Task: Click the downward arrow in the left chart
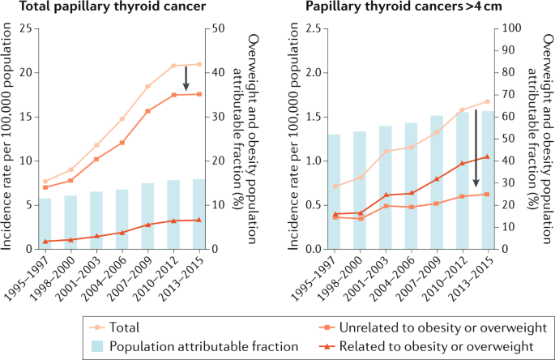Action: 186,79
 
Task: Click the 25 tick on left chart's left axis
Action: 28,29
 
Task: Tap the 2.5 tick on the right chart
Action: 311,29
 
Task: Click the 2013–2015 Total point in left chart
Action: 198,64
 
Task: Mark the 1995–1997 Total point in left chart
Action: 46,182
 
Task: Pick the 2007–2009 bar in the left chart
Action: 147,216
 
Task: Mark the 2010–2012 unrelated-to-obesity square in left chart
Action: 173,95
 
